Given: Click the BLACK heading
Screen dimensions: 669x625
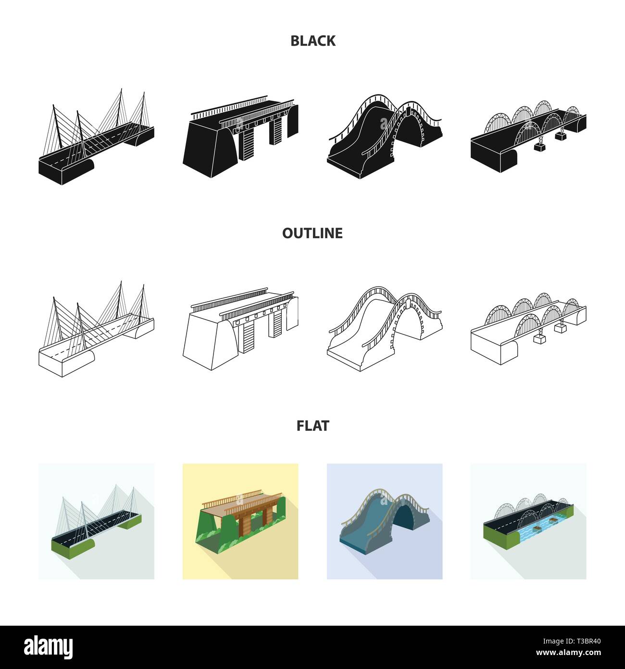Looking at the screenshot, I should coord(312,41).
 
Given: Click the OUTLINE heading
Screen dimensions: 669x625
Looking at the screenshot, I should coord(312,233).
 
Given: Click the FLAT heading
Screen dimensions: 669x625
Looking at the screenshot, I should coord(312,425).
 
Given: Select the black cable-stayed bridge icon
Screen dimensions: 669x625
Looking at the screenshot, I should coord(96,140).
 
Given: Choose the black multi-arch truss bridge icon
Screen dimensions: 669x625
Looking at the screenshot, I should coord(528,137).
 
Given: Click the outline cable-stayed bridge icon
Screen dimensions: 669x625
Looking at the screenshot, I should coord(96,332).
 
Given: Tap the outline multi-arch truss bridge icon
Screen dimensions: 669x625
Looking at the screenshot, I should coord(528,330).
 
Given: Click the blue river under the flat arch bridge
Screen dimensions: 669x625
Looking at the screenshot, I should coord(534,534).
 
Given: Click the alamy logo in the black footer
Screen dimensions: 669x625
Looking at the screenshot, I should coord(49,646).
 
